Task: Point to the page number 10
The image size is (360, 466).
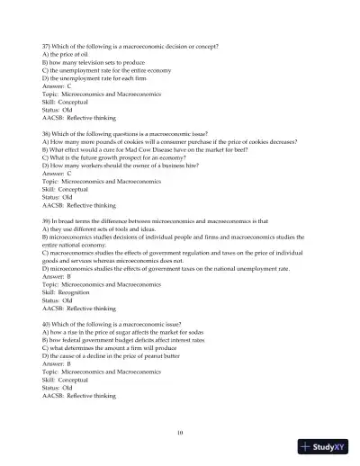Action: (x=180, y=433)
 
